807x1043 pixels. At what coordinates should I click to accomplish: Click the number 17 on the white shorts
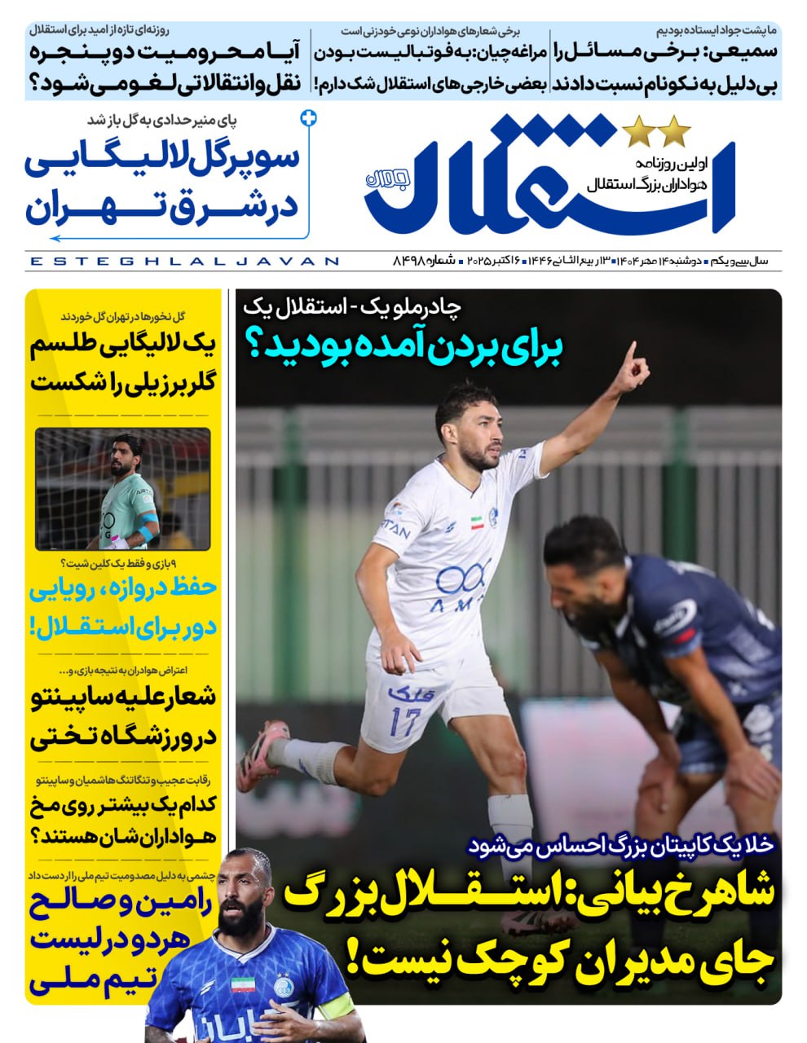405,720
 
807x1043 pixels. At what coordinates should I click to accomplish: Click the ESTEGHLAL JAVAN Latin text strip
184,262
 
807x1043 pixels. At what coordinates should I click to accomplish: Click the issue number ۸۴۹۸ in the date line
411,261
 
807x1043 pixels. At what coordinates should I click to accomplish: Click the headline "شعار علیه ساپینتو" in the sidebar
122,697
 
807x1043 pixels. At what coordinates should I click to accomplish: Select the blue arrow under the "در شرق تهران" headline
57,238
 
